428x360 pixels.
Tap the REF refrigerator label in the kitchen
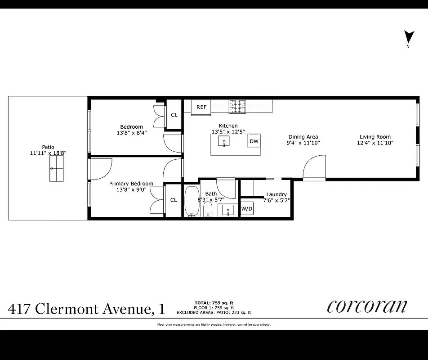pyautogui.click(x=201, y=107)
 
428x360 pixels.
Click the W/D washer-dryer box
pyautogui.click(x=247, y=209)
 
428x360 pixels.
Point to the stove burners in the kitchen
pyautogui.click(x=238, y=106)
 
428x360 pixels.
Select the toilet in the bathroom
pyautogui.click(x=208, y=209)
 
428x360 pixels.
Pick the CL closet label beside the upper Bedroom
pyautogui.click(x=174, y=115)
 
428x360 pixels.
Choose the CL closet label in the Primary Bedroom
pyautogui.click(x=173, y=200)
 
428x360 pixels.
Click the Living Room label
pyautogui.click(x=375, y=137)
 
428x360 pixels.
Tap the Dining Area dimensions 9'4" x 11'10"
pyautogui.click(x=303, y=143)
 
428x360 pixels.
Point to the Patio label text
pyautogui.click(x=48, y=147)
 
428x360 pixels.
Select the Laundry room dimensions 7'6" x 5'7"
pyautogui.click(x=276, y=201)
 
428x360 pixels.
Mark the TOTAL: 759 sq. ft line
pyautogui.click(x=214, y=302)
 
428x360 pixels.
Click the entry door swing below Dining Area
pyautogui.click(x=314, y=168)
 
